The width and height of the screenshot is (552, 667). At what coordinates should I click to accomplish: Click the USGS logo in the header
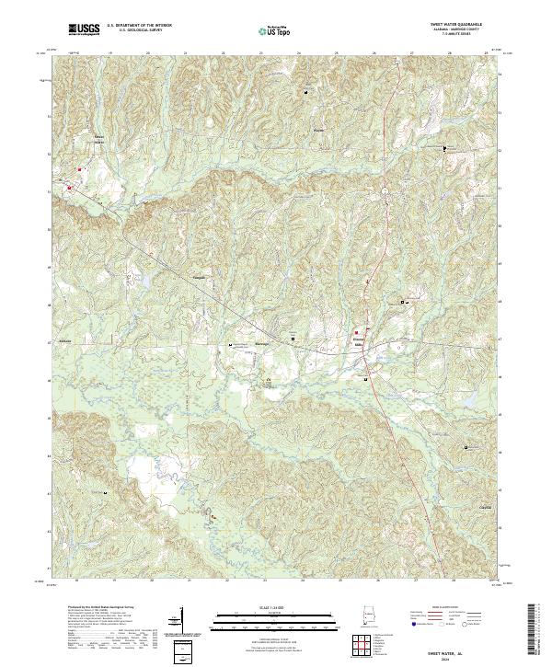pos(85,29)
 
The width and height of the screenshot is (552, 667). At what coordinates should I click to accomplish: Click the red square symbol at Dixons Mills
pos(357,332)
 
